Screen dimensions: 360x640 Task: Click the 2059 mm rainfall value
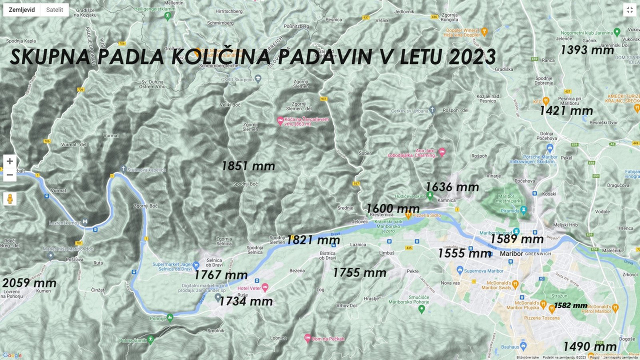[x=29, y=283]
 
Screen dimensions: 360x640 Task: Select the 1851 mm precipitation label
[x=248, y=166]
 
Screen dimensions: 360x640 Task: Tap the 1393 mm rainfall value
[x=587, y=50]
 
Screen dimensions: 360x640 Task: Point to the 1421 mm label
[x=566, y=110]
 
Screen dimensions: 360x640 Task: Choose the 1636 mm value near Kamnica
[x=452, y=187]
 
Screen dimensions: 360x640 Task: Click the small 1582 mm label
[x=570, y=305]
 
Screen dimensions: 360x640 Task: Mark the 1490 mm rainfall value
[x=589, y=346]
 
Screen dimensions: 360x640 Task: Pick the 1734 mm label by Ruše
[x=246, y=301]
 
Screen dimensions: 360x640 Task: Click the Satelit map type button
[x=54, y=10]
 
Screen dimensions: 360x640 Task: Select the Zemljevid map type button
[x=22, y=10]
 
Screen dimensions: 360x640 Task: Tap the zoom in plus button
[x=9, y=161]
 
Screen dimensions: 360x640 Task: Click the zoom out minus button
[x=9, y=174]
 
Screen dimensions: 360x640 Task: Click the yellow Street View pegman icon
[x=9, y=199]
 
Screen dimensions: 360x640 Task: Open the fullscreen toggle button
[x=629, y=10]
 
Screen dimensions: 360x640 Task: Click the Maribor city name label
[x=511, y=254]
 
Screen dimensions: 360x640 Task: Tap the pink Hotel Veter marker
[x=265, y=287]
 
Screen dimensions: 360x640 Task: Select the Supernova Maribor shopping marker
[x=459, y=270]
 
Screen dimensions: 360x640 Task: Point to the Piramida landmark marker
[x=523, y=210]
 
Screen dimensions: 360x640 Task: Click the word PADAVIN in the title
[x=324, y=57]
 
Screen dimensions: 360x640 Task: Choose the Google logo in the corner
[x=12, y=355]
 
